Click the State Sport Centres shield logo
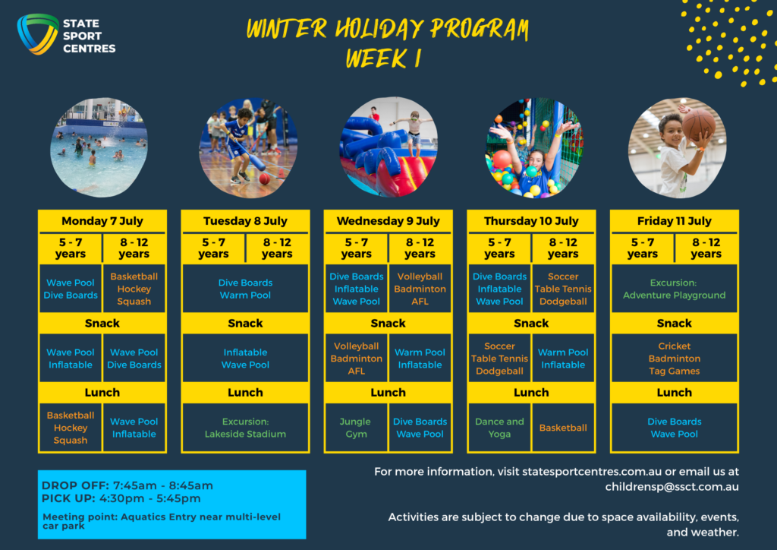pyautogui.click(x=38, y=33)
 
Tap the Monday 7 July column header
pyautogui.click(x=102, y=221)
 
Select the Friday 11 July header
pyautogui.click(x=674, y=221)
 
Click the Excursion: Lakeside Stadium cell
pyautogui.click(x=245, y=428)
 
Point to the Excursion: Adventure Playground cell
pyautogui.click(x=674, y=289)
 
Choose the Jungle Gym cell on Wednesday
pyautogui.click(x=356, y=428)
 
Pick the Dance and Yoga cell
pyautogui.click(x=499, y=428)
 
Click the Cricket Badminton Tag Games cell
pyautogui.click(x=674, y=358)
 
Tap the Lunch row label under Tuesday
pyautogui.click(x=245, y=392)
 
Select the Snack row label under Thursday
pyautogui.click(x=531, y=324)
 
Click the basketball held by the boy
pyautogui.click(x=699, y=125)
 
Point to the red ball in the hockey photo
pyautogui.click(x=265, y=179)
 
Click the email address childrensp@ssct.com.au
pyautogui.click(x=672, y=487)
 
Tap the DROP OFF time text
pyautogui.click(x=127, y=485)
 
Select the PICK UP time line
pyautogui.click(x=121, y=498)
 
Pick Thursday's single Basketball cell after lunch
pyautogui.click(x=563, y=428)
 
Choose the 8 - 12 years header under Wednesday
pyautogui.click(x=420, y=248)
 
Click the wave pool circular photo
pyautogui.click(x=99, y=147)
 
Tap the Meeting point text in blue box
pyautogui.click(x=162, y=520)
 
